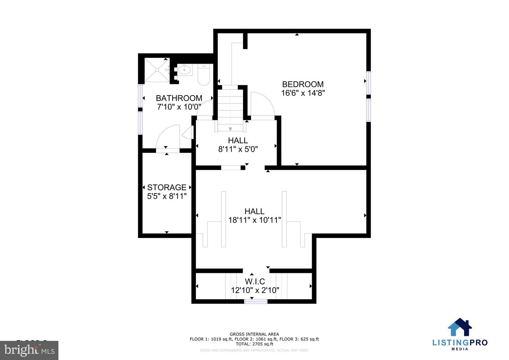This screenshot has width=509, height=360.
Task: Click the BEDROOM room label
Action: pos(303,84)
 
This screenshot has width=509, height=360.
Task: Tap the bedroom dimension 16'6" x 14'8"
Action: pos(303,93)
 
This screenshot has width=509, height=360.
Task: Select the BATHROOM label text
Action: pos(179,98)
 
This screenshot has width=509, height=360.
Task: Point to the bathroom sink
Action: pos(185,70)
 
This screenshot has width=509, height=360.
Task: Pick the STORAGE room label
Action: pos(166,187)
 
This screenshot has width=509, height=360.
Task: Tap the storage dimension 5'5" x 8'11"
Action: pos(166,196)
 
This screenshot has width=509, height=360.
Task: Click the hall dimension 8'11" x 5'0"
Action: pos(238,149)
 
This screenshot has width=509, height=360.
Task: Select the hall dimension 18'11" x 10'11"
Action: pos(255,220)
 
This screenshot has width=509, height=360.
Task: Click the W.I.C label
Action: pos(255,281)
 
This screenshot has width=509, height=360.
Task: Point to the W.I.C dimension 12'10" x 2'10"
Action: pos(255,290)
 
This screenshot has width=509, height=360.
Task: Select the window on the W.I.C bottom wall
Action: pos(256,301)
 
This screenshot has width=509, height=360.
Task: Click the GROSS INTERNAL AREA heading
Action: pos(254,334)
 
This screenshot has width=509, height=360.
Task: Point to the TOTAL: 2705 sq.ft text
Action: pos(254,344)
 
